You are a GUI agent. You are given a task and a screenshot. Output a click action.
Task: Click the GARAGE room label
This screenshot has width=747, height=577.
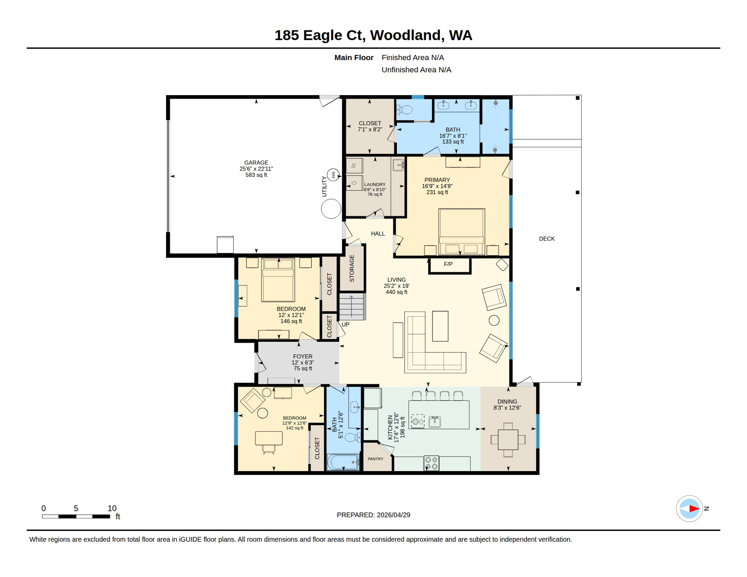click(x=256, y=163)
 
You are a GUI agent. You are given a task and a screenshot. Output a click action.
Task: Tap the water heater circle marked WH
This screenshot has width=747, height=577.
click(x=333, y=175)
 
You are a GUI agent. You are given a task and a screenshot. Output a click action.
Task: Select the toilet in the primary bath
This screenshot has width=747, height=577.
click(x=406, y=110)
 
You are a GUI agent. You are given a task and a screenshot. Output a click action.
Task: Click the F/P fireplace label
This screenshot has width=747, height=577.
click(x=448, y=264)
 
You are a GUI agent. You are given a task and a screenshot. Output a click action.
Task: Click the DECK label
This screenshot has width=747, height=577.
click(x=546, y=239)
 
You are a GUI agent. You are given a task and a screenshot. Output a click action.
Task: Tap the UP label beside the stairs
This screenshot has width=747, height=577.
click(x=345, y=324)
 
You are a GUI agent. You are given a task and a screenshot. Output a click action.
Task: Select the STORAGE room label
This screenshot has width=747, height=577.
click(x=352, y=268)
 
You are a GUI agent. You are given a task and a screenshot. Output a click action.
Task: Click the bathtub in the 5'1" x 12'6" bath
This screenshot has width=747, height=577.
click(x=343, y=462)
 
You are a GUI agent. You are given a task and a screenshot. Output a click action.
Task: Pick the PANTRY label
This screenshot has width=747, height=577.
click(x=375, y=459)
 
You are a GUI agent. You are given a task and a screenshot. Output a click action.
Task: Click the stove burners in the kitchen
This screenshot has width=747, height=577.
click(x=431, y=463)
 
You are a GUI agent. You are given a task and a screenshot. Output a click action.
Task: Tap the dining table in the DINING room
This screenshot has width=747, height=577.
click(x=508, y=439)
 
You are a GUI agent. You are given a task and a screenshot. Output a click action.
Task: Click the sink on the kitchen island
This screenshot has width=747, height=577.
click(x=434, y=421)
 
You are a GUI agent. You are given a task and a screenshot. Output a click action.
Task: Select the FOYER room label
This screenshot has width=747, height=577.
click(x=302, y=356)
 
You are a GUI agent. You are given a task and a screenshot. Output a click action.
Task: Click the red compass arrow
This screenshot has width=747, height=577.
click(x=694, y=509)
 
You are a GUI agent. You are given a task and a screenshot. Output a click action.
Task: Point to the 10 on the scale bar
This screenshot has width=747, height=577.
click(x=112, y=508)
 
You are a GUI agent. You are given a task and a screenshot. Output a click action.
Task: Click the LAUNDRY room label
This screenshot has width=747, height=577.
click(x=375, y=184)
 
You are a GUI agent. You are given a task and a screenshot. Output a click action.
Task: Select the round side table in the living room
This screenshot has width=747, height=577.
click(x=494, y=320)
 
